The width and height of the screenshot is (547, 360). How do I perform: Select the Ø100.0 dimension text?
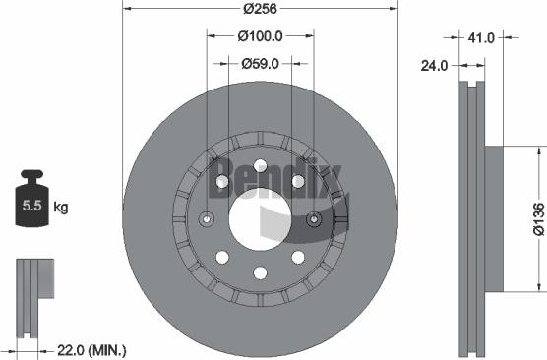coord(262,37)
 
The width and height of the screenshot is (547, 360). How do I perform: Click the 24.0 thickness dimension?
coord(435,66)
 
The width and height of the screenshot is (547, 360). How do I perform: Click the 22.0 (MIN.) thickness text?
coord(91,350)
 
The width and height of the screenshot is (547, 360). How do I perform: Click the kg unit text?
coord(61,208)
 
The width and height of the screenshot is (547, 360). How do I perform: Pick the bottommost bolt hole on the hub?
coord(261,273)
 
